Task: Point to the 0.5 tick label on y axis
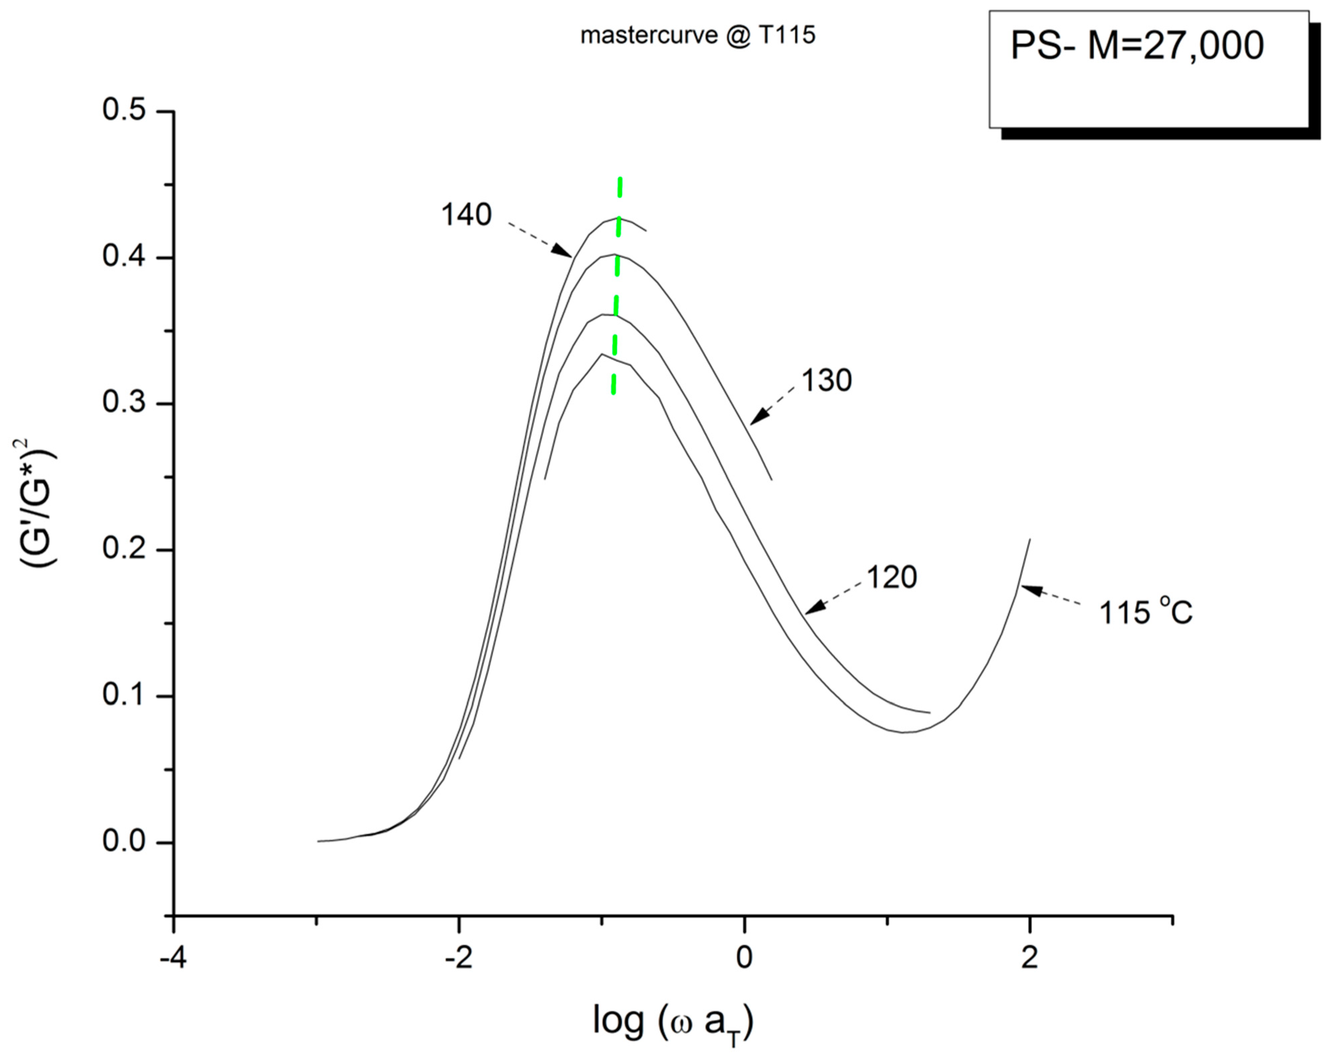coord(124,111)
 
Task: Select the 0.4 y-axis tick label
coord(124,257)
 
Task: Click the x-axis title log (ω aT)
coord(673,1023)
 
